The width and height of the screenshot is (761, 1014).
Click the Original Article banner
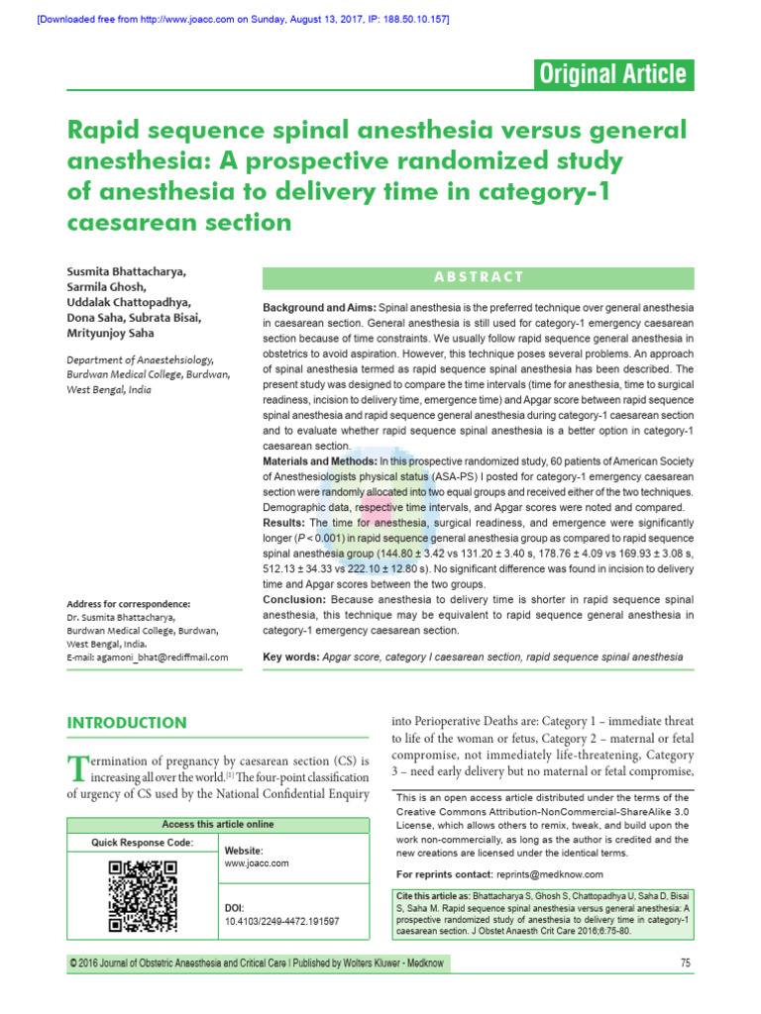point(611,74)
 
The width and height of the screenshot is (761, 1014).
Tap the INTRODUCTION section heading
point(126,723)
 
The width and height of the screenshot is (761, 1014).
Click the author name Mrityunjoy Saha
point(114,334)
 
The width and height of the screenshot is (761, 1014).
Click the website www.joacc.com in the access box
point(257,863)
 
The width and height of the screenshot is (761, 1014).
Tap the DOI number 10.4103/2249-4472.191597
point(282,921)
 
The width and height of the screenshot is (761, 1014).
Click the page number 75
point(686,963)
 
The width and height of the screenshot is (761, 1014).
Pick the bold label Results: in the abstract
point(285,522)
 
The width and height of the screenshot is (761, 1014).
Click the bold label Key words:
point(290,657)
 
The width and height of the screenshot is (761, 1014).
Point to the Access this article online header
point(218,825)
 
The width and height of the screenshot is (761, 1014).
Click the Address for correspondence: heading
point(128,604)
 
